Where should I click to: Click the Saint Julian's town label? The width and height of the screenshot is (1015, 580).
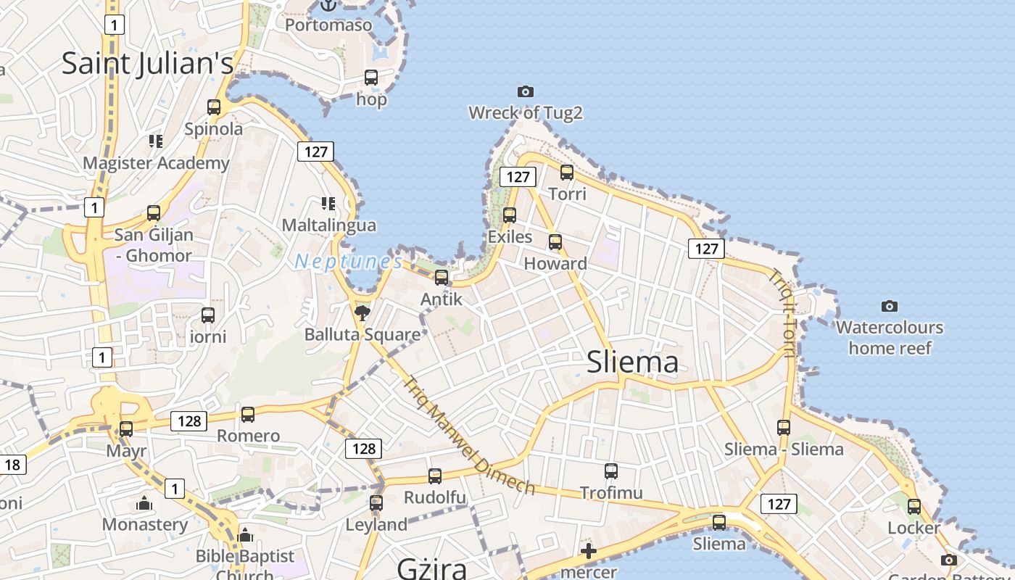147,63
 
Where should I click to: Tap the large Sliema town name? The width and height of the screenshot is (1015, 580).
632,362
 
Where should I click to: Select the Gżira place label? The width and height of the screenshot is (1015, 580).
431,568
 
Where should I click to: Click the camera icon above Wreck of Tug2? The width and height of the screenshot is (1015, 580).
526,91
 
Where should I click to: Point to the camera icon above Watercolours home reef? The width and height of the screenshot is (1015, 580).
890,306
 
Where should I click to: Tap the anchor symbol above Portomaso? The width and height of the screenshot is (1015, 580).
328,6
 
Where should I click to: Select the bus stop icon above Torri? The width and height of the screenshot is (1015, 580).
567,173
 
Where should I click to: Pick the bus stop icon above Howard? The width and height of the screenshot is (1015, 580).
555,242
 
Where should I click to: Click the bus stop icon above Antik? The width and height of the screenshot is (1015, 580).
442,277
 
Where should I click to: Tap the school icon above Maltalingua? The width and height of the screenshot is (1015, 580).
328,204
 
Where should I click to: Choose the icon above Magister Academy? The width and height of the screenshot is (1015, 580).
156,141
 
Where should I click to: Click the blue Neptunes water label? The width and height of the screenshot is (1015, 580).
348,261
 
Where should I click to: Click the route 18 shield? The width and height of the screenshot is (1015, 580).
12,465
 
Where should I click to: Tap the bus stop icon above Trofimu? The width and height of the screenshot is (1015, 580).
611,471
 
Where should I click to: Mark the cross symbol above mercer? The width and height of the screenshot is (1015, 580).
589,551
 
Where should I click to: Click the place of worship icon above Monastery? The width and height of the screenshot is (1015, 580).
144,503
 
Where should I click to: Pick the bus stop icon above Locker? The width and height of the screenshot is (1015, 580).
914,507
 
